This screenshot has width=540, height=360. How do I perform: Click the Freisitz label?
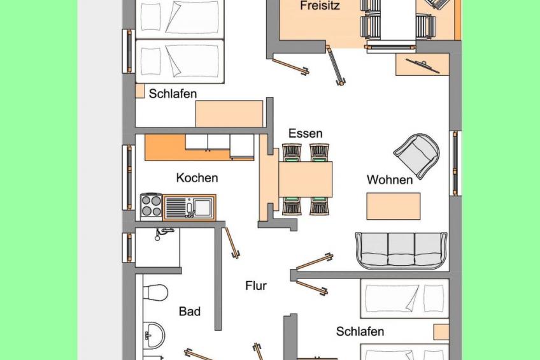pos(320,6)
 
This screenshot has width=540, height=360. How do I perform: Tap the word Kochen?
pos(197,178)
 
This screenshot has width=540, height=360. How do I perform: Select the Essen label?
pos(306,133)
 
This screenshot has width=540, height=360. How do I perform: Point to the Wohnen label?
pos(390,180)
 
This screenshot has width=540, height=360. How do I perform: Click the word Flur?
pos(256,285)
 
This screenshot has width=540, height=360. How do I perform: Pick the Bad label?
pos(189,312)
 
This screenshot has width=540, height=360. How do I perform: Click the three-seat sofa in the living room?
pos(402,250)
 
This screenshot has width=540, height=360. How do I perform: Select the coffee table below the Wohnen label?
pos(394,206)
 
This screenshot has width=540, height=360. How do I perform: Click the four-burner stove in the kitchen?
pos(151,206)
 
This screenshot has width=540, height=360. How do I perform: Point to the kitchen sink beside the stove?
pos(189,207)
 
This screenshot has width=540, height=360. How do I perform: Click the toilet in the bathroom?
pos(155,292)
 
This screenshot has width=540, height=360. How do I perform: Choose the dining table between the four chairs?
pos(306,179)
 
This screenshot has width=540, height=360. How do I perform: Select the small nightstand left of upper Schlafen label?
pos(140,91)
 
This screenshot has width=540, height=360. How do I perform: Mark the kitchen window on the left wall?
pos(129,177)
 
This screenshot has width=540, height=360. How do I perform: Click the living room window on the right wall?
pos(455,163)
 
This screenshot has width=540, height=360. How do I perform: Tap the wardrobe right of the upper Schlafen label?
pos(229,113)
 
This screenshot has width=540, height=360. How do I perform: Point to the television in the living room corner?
pos(423,66)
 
